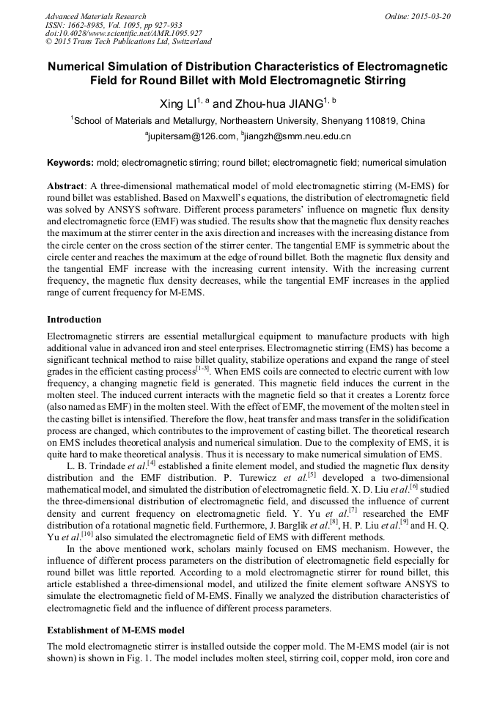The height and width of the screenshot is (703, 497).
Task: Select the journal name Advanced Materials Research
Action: [95, 16]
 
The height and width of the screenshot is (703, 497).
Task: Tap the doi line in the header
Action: [122, 34]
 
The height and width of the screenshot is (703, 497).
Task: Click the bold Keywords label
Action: [70, 163]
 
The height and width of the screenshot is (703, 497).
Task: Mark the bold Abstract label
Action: [67, 186]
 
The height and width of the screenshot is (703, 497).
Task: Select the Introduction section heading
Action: [74, 320]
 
